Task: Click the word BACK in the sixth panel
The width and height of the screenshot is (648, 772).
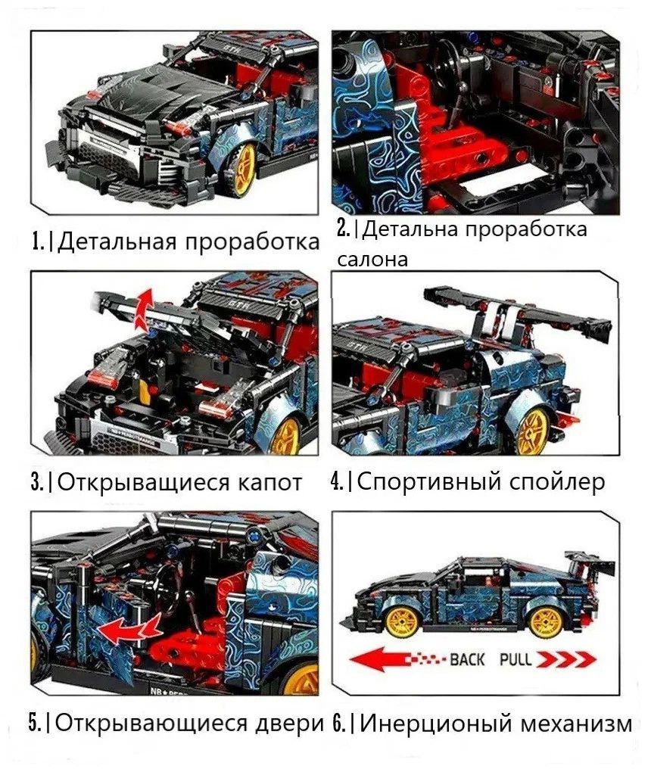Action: point(467,659)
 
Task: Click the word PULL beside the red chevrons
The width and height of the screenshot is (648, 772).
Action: point(516,659)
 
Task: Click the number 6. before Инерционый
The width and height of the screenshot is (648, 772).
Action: point(341,724)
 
